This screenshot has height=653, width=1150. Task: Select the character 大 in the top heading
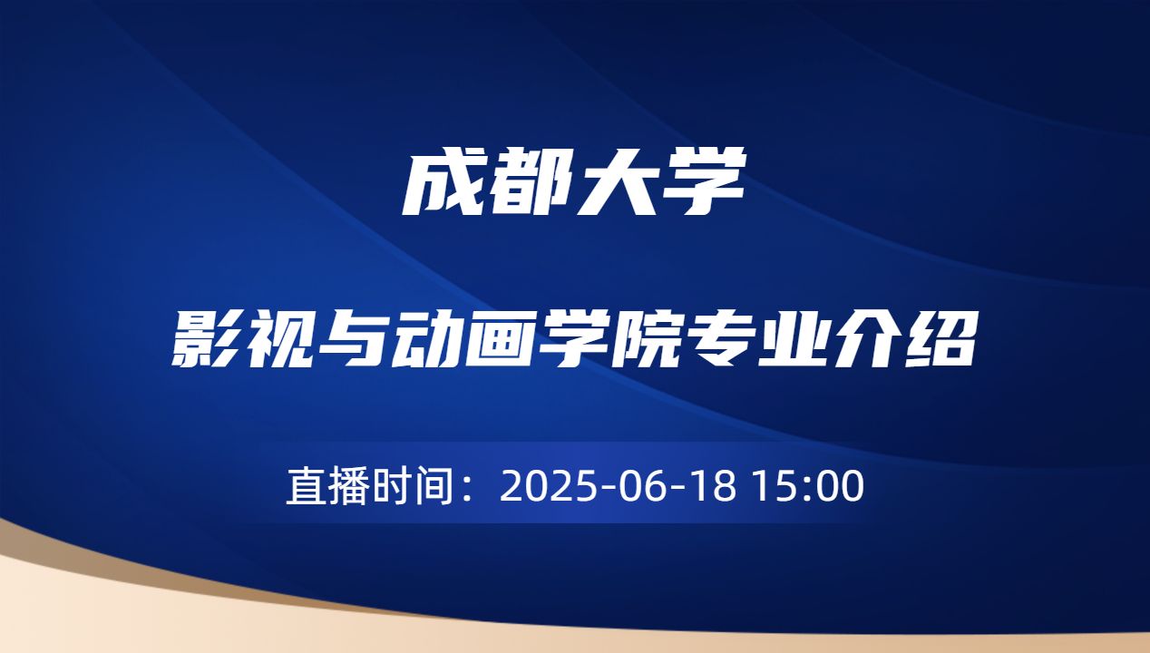619,184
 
